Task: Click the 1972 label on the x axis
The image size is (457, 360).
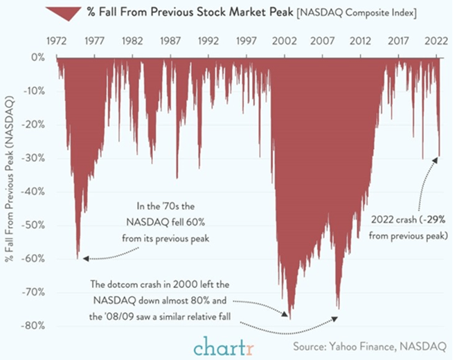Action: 56,41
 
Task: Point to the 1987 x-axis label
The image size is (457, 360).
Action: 170,41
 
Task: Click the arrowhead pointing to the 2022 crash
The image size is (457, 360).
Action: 436,161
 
